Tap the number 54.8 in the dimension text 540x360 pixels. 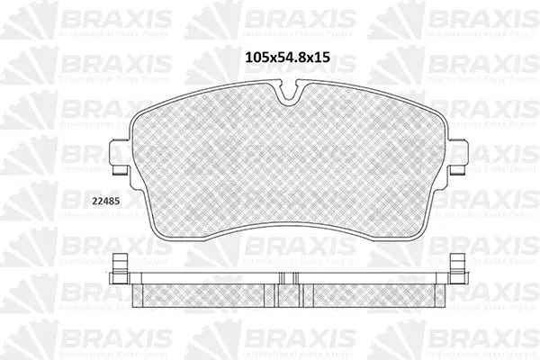292,56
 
